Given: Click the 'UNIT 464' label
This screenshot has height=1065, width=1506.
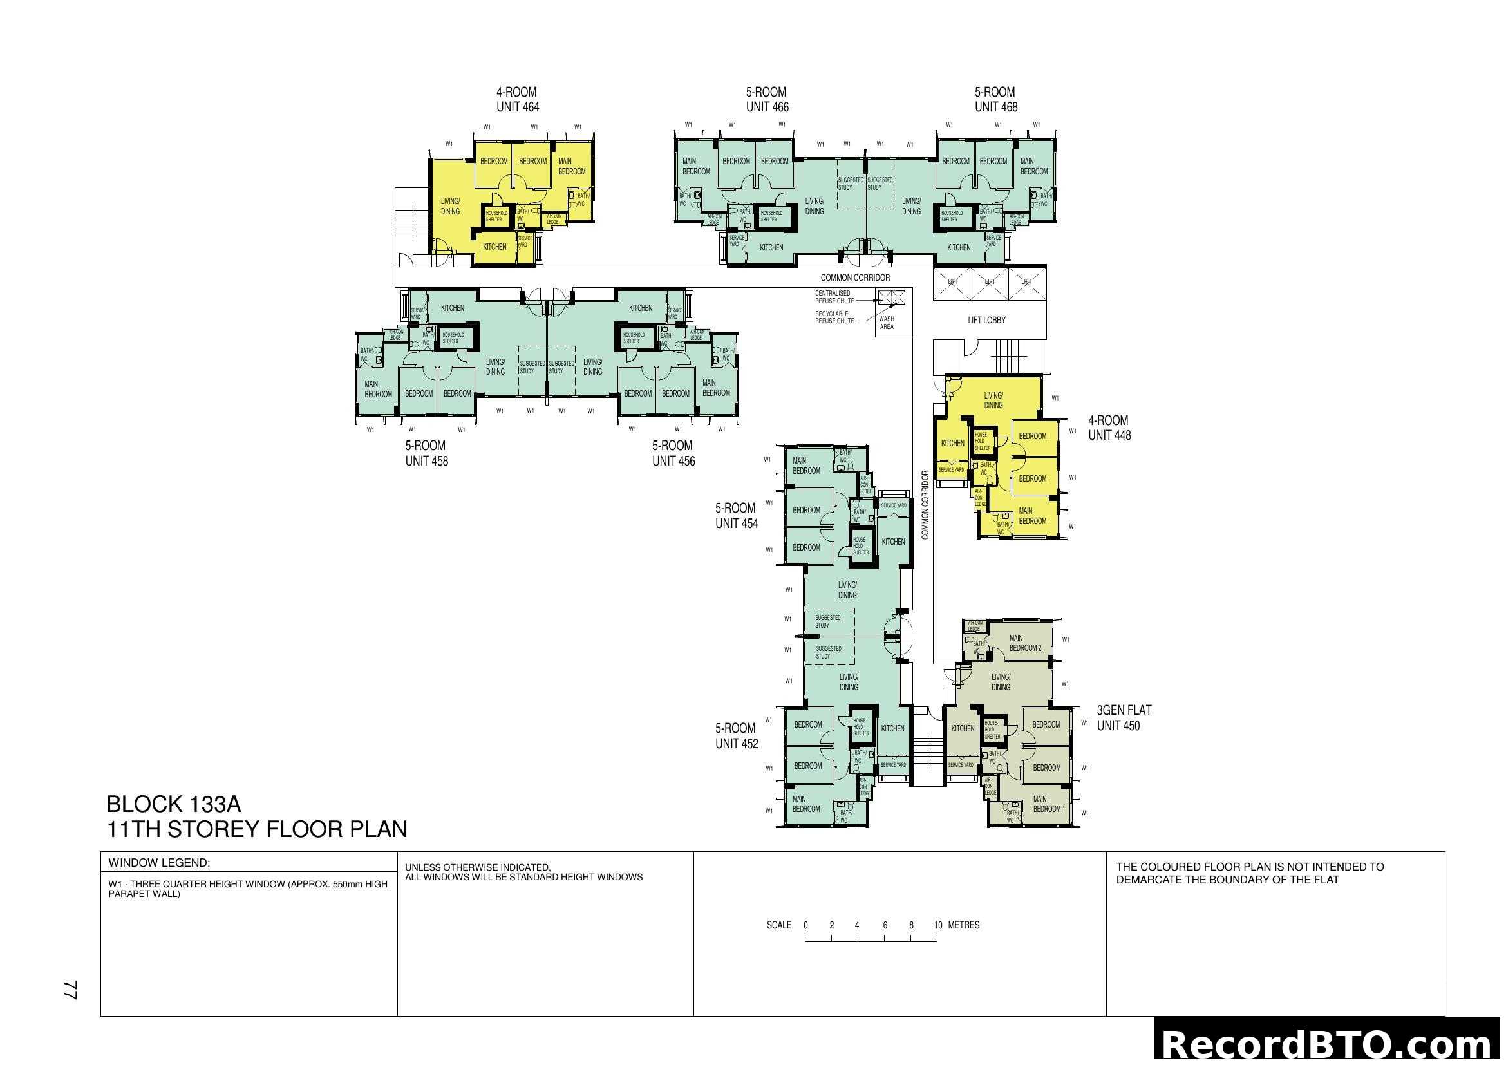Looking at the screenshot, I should click(518, 107).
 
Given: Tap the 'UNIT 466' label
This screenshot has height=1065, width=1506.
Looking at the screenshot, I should click(767, 107).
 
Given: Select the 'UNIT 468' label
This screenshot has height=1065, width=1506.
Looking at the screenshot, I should click(995, 107).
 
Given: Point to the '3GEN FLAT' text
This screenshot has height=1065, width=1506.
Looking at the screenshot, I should click(1124, 710).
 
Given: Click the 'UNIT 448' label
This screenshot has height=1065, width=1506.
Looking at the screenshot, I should click(1109, 435).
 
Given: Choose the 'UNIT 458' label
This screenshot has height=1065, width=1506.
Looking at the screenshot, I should click(426, 461).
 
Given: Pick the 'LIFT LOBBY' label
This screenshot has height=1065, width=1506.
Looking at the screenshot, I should click(986, 320).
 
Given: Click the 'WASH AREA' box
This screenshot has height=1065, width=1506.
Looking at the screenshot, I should click(886, 323).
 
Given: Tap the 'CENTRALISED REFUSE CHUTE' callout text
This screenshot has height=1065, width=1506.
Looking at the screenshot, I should click(834, 297).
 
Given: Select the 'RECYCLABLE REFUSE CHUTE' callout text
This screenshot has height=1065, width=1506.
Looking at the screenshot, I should click(834, 317).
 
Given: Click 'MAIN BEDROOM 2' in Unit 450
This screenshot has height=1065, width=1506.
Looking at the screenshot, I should click(1024, 643).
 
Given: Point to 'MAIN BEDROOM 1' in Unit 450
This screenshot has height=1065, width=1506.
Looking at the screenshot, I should click(1049, 804).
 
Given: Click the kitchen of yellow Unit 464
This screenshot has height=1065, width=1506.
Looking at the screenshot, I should click(494, 247).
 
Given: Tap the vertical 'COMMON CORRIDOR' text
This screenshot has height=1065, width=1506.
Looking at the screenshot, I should click(925, 505).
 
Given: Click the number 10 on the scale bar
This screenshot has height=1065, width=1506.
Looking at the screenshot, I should click(938, 925).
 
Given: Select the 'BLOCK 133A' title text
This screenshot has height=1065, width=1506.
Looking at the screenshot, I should click(174, 804).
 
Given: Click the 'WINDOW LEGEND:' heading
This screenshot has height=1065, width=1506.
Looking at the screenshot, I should click(159, 863).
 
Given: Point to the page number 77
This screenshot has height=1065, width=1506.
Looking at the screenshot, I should click(71, 990).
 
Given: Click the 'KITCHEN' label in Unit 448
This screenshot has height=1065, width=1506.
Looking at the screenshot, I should click(952, 443).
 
